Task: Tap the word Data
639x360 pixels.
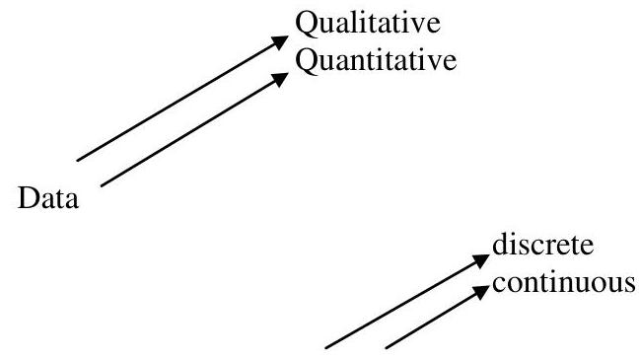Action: (50, 202)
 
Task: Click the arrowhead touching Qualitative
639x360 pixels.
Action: (286, 42)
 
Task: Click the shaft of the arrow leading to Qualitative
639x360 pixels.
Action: (177, 102)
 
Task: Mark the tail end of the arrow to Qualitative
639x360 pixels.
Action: (77, 157)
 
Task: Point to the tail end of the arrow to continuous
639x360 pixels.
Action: (385, 345)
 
